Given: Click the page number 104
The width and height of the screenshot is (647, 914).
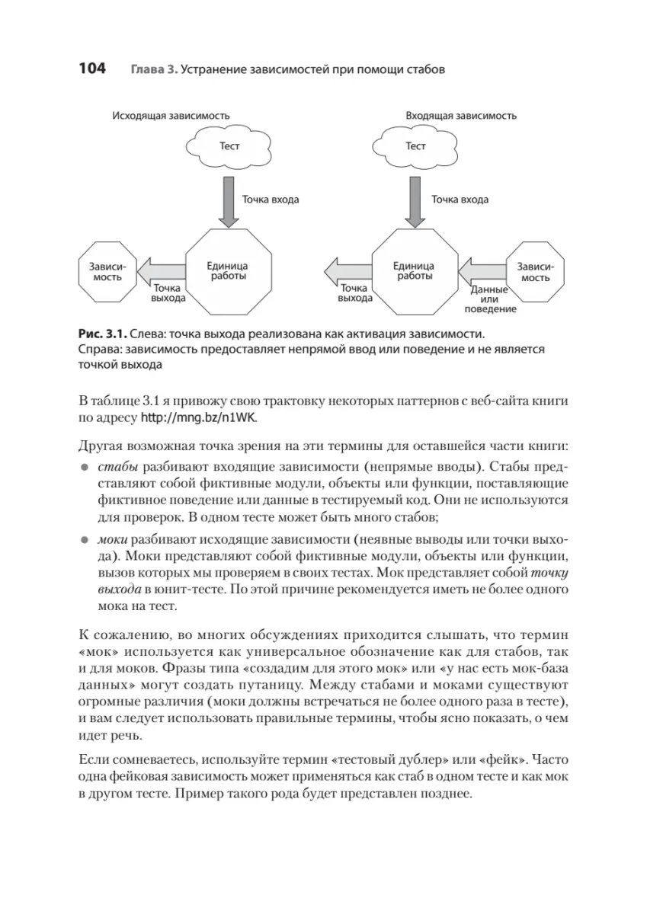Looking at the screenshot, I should coord(91,69).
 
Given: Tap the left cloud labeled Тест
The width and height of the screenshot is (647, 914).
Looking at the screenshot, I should coord(229,146).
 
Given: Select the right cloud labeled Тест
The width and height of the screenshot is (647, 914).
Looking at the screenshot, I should coord(415,146).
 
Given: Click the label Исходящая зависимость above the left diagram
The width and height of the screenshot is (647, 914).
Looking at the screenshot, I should coord(171,116).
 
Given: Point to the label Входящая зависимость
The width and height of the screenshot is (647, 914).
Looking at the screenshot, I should coord(461,116).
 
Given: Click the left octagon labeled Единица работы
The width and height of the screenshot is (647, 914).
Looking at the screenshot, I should coord(227,271).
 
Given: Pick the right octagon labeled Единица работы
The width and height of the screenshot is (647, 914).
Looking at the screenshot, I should coord(414,271).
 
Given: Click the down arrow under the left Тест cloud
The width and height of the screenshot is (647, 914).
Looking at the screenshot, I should coord(228,200).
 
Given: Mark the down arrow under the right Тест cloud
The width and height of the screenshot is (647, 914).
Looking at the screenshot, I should coord(415,200).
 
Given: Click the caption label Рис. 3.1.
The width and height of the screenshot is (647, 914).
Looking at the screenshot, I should coord(101,334).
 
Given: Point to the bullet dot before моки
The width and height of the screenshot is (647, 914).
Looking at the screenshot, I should coord(85,539).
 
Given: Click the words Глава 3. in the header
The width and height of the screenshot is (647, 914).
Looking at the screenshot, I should coord(154,69).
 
